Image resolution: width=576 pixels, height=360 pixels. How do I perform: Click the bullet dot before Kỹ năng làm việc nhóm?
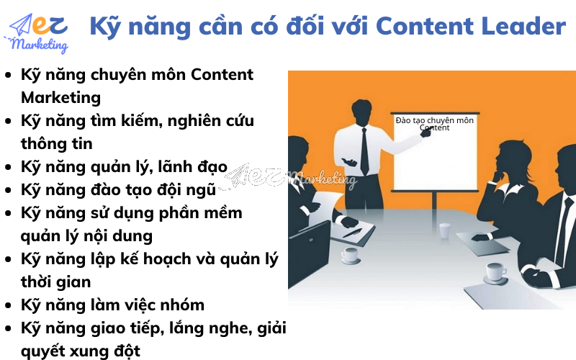tap(8, 306)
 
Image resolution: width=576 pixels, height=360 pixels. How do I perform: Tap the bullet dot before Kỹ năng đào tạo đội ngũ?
tap(8, 191)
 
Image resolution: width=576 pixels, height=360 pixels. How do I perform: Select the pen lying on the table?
tap(352, 233)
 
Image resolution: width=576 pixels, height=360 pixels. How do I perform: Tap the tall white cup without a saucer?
tap(445, 230)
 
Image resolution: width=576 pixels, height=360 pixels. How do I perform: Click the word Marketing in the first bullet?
tap(60, 97)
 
